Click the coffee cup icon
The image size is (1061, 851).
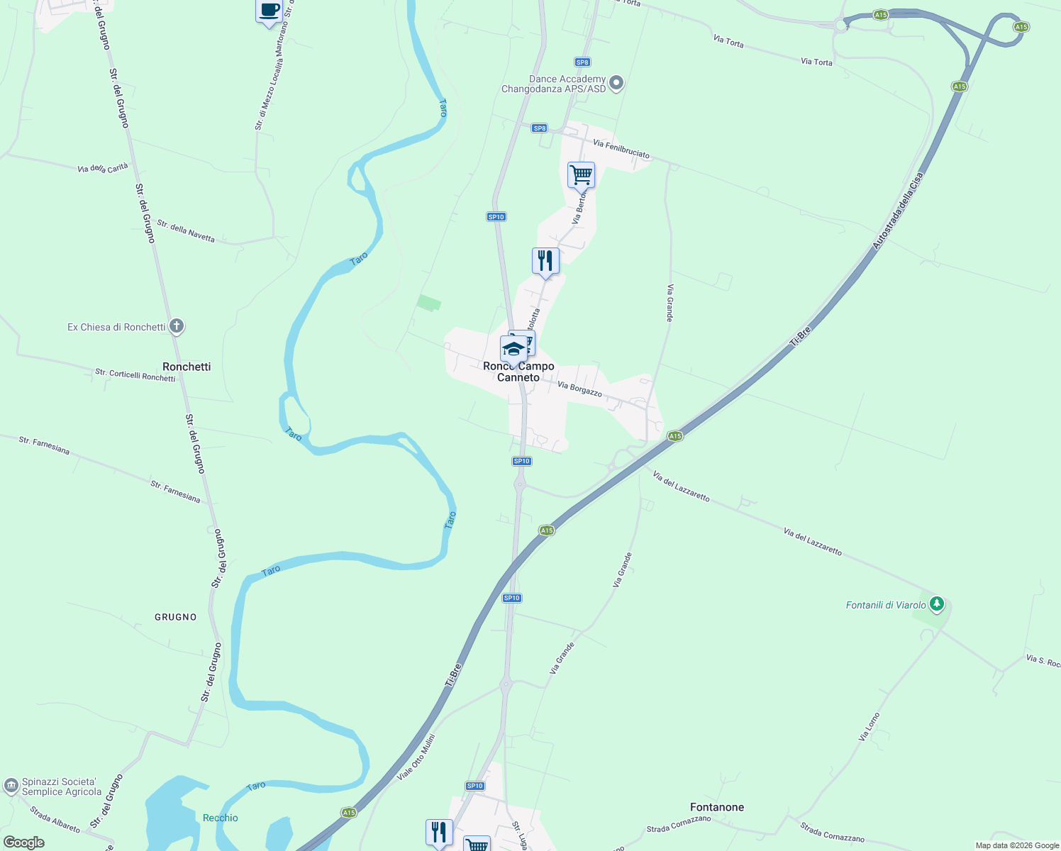point(269,11)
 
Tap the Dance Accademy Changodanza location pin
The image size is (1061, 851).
point(616,84)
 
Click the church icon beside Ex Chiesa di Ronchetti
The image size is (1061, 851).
point(177,327)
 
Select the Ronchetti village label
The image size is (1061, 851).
point(187,367)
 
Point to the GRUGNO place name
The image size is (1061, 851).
point(176,617)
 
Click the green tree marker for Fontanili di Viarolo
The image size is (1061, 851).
point(937,605)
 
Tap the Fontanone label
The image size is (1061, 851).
point(717,807)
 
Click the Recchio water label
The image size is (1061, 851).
point(221,818)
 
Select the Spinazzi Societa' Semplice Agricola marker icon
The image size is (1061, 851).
point(11,786)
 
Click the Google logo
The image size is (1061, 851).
point(23,842)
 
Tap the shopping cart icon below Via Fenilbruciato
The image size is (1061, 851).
point(581,174)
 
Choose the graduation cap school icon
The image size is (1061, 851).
point(513,349)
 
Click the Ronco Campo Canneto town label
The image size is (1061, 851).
point(518,372)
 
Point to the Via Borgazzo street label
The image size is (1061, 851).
point(579,389)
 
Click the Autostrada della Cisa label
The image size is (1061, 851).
point(899,211)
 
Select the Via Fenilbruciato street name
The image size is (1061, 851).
point(621,149)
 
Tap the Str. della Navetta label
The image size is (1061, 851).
point(186,231)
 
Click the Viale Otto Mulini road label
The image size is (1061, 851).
point(416,757)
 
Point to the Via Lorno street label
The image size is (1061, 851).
point(869,727)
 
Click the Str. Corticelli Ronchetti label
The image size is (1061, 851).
point(135,375)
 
